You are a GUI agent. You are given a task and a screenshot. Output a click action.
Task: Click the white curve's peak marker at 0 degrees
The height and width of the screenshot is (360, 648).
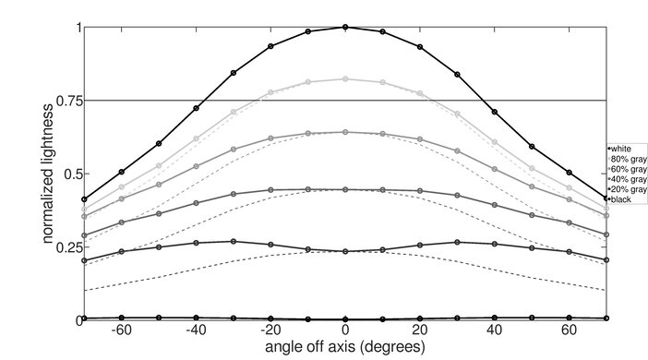coord(345,27)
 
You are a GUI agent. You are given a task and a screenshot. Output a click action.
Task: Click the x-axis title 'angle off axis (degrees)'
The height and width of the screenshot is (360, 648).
coord(345,348)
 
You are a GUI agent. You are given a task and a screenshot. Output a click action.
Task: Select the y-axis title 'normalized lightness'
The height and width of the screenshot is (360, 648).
coord(45,174)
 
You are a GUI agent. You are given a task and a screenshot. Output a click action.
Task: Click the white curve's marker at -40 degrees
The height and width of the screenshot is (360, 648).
coord(196,108)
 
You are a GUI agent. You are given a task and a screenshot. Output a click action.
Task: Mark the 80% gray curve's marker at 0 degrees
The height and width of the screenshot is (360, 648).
coord(345,79)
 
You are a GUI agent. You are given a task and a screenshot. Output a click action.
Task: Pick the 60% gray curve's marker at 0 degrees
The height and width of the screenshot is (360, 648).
coord(345,132)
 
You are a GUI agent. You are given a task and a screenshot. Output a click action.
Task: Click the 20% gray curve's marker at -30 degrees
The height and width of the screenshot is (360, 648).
coord(234,242)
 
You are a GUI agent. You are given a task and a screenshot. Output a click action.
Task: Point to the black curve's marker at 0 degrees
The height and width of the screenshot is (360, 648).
coord(345,318)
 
